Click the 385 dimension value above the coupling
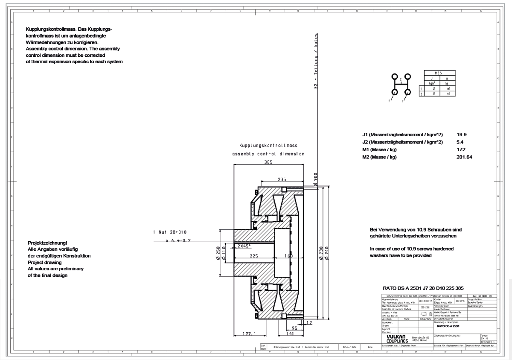coord(268,162)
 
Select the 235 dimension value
coord(282,180)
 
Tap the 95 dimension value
coord(294,328)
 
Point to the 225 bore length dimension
coord(253,256)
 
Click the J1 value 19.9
coord(462,134)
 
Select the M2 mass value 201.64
coord(464,157)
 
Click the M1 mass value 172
coord(461,149)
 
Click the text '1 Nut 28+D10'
coord(169,232)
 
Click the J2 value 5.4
coord(460,142)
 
